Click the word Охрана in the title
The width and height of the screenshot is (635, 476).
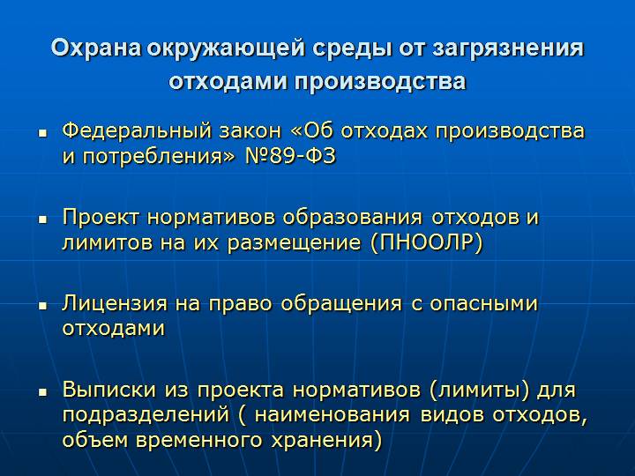96,48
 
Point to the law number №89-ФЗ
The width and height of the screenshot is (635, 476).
290,156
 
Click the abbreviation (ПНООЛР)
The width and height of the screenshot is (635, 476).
427,242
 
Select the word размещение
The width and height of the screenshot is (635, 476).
294,243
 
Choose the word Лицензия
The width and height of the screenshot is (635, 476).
114,304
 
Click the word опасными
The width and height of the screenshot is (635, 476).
483,303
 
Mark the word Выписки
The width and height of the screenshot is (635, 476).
109,390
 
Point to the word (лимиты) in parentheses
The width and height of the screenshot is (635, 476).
479,390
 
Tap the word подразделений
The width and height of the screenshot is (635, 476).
146,415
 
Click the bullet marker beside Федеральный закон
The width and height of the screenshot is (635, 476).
42,133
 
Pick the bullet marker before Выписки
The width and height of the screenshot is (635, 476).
42,391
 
